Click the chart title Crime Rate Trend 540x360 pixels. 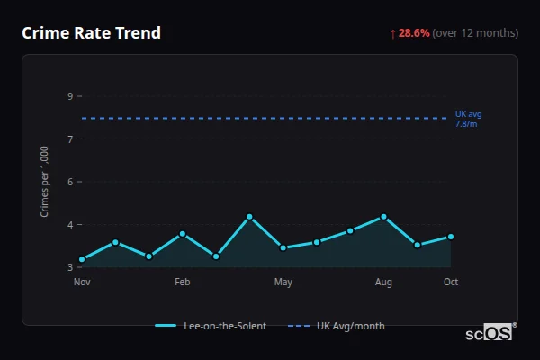point(91,33)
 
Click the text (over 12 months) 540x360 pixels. point(475,33)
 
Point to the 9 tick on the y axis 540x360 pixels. point(69,96)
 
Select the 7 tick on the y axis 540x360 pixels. point(69,139)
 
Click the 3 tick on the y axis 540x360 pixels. point(69,267)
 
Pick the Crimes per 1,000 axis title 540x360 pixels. point(44,182)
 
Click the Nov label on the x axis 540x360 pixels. point(82,283)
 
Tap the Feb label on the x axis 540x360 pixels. point(183,283)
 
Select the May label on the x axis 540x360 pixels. point(283,283)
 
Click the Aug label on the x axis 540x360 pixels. point(383,283)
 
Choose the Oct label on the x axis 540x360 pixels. point(451,283)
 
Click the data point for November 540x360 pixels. point(82,259)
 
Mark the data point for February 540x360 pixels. point(183,234)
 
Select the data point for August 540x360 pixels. point(383,217)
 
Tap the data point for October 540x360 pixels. point(451,237)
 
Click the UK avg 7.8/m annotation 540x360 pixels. point(468,119)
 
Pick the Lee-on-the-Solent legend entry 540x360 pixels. point(211,326)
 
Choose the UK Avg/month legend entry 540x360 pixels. point(337,326)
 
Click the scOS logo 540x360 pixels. point(490,333)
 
